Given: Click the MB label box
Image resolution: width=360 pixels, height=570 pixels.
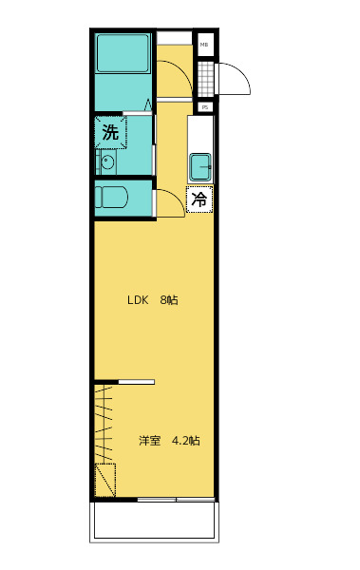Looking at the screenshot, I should pos(204,44).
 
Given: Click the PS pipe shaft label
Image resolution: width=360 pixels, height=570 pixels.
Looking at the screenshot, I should pos(204,106).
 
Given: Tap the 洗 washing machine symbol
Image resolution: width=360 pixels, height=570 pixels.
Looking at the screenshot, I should pos(110,133).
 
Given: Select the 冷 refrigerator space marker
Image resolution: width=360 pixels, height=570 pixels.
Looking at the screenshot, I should pos(199,199).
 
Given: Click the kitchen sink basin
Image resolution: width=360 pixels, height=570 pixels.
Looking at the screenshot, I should pos(201,167).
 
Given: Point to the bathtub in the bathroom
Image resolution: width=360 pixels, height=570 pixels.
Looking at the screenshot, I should pos(123,56).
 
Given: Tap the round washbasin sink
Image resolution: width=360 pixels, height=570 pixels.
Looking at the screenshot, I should pos(106,162).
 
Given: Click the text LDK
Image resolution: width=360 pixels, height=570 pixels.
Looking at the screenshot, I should pos(139,300).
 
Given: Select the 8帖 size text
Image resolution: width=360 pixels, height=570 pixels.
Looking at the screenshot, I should pos(169,300).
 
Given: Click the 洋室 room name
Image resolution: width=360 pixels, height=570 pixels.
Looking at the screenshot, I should pos(149,441).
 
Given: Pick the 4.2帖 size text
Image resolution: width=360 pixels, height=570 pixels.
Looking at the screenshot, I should pos(185,441).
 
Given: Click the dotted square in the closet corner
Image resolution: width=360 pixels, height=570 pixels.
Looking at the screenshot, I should pos(104,481).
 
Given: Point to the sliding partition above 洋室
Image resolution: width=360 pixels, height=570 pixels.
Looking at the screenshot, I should pos(136,382).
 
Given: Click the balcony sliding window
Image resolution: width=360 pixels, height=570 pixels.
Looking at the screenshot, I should pos(175,500).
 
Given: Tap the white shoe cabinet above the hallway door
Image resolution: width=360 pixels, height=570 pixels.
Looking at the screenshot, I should pos(174,38).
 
